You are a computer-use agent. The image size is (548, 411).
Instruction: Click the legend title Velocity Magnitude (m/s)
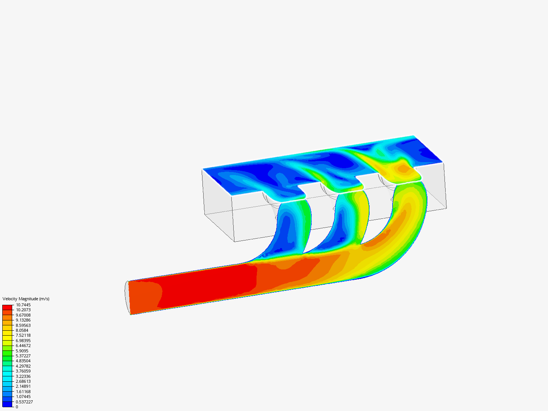tap(26, 299)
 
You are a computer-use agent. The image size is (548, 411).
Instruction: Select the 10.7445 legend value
tap(23, 305)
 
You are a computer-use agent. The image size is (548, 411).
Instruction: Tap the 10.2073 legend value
tap(23, 310)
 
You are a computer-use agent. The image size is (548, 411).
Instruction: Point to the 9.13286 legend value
tap(23, 320)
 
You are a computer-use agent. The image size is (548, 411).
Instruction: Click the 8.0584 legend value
tap(22, 330)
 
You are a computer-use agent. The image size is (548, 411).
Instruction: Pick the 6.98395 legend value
tap(23, 341)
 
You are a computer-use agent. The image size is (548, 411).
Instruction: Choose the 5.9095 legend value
tap(22, 351)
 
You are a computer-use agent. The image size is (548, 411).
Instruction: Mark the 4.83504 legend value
tap(23, 361)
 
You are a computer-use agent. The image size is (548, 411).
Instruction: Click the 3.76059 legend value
tap(23, 371)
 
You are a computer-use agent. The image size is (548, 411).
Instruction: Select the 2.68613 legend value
tap(23, 381)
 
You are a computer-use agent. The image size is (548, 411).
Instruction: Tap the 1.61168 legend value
tap(23, 392)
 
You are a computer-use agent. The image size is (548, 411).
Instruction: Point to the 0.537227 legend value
tap(24, 402)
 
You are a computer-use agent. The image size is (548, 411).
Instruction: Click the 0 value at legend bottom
tap(17, 407)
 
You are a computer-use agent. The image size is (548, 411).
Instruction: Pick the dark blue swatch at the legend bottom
tap(7, 404)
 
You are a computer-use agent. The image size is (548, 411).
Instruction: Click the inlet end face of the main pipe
tap(127, 298)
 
